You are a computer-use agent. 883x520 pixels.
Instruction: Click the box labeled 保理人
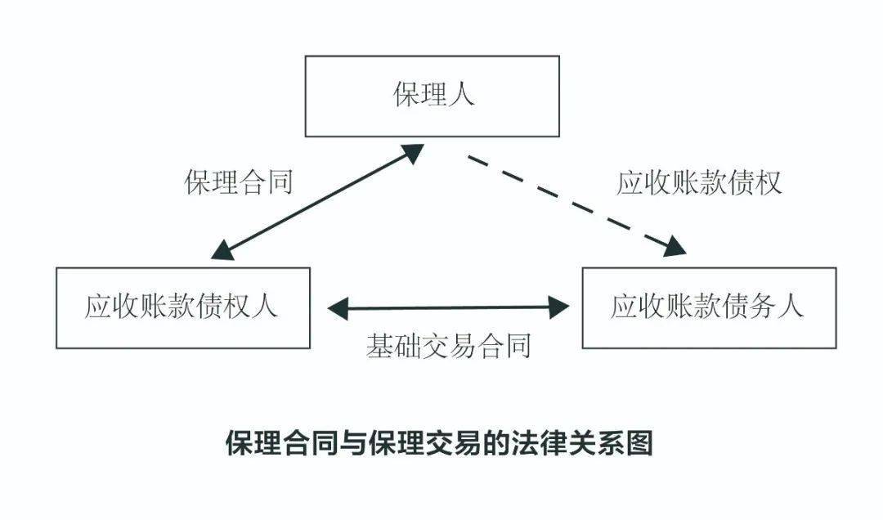click(x=432, y=96)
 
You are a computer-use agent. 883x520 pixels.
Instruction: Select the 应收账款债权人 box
click(x=182, y=307)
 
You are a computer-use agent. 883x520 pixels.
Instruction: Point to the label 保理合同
click(x=238, y=182)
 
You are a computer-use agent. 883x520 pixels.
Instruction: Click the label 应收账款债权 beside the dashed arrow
click(x=699, y=182)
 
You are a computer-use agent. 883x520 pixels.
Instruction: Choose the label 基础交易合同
click(x=448, y=346)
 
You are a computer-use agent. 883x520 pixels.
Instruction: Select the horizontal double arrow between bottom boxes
click(x=448, y=307)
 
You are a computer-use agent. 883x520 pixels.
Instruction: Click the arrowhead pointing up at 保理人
click(x=412, y=153)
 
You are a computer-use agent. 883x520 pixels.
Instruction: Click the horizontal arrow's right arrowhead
click(x=559, y=307)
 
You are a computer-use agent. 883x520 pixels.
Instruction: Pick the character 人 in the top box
click(x=461, y=96)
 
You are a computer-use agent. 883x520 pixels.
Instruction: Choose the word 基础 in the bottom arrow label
click(x=393, y=346)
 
